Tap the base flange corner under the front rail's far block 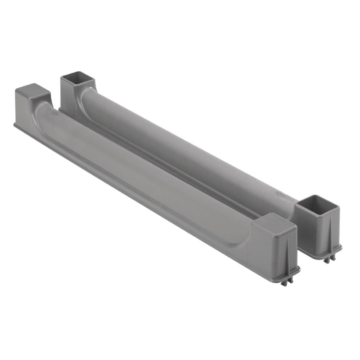[15, 125]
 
